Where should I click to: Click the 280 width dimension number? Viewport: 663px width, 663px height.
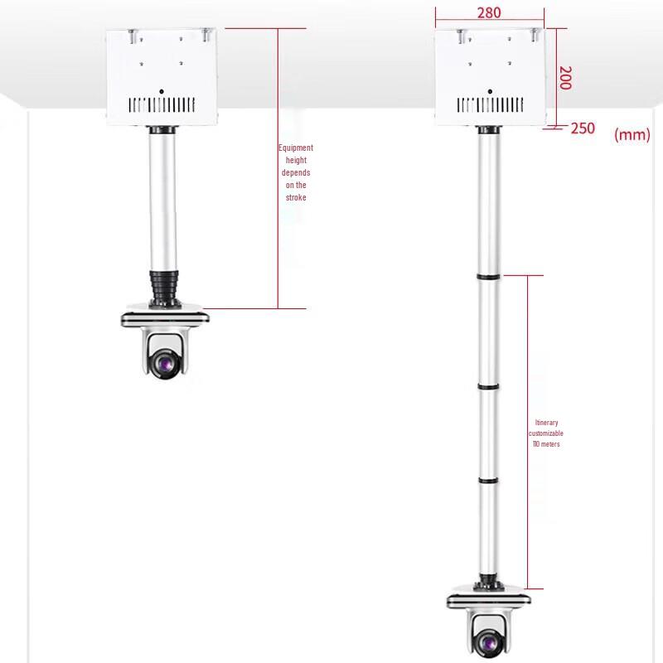pyautogui.click(x=489, y=13)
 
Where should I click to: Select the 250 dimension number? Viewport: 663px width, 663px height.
pyautogui.click(x=583, y=128)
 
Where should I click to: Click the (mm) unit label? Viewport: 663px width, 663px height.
pyautogui.click(x=632, y=135)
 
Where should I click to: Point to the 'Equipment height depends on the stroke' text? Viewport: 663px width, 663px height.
pyautogui.click(x=296, y=172)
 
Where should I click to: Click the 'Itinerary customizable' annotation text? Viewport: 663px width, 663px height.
pyautogui.click(x=546, y=433)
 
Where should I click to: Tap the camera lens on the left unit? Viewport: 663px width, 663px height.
pyautogui.click(x=164, y=361)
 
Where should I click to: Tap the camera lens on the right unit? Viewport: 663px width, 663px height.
pyautogui.click(x=488, y=641)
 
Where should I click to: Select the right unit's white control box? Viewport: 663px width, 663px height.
pyautogui.click(x=491, y=75)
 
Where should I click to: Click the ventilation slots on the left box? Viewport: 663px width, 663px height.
pyautogui.click(x=163, y=105)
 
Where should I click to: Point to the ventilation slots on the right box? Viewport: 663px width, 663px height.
pyautogui.click(x=491, y=105)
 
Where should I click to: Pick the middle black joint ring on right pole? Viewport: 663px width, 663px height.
pyautogui.click(x=488, y=385)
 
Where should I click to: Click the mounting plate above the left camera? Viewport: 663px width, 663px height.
pyautogui.click(x=164, y=316)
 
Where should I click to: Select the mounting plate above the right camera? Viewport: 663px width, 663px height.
pyautogui.click(x=488, y=598)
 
